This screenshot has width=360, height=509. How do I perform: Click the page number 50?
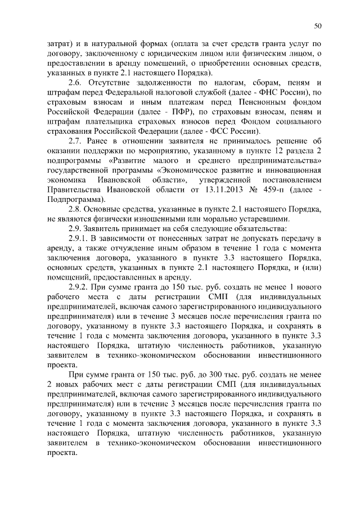coord(318,25)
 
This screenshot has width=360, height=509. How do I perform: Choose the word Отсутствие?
coord(113,83)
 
